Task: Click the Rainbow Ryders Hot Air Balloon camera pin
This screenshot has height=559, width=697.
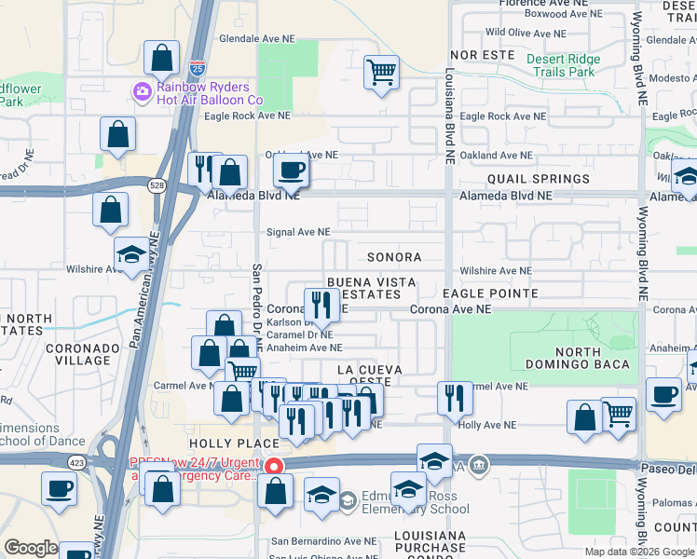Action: tap(143, 91)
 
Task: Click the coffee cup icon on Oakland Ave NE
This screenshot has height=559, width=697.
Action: tap(292, 170)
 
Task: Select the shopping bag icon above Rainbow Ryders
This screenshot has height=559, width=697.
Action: tap(162, 58)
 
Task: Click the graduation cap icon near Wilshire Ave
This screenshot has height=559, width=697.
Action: tap(131, 254)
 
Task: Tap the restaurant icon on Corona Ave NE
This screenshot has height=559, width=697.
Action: tap(321, 305)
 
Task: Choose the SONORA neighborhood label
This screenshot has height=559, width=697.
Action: tap(393, 257)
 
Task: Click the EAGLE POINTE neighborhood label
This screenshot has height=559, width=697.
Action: tap(490, 293)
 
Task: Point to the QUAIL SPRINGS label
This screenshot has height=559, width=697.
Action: tap(538, 179)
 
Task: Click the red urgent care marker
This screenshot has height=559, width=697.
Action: tap(273, 466)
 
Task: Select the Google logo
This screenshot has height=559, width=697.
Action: tap(32, 548)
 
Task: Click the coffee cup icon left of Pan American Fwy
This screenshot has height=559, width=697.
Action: tap(59, 488)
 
